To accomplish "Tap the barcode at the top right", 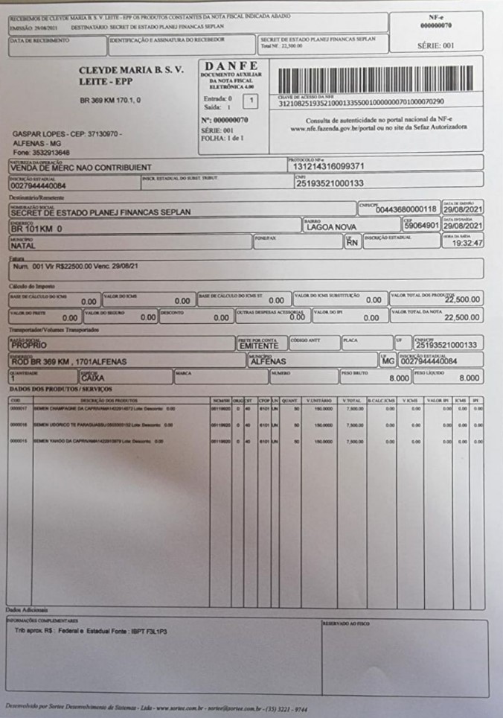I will (x=375, y=79).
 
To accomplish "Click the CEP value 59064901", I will (x=421, y=226).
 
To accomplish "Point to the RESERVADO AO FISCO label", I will (x=347, y=623).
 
